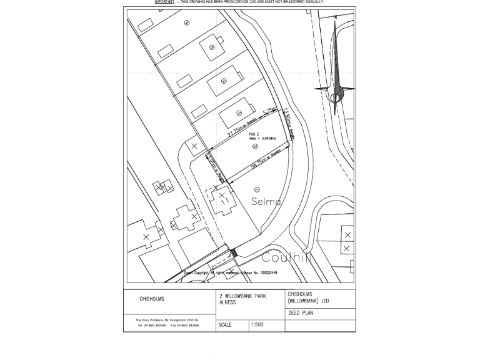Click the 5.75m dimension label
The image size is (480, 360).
coord(269,112)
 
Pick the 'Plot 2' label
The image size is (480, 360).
coord(254,134)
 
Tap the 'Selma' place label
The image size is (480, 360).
coord(266,201)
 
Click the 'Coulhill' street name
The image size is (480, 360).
coord(286,257)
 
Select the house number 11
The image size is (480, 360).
coord(224,201)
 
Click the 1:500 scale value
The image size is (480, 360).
coord(257,325)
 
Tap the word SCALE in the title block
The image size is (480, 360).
coord(225,325)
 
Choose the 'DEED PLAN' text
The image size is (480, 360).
coord(301,313)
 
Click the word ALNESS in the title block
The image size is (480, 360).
coord(227,302)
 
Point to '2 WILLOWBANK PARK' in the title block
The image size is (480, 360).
coord(242,296)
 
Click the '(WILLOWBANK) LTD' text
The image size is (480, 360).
coord(308,301)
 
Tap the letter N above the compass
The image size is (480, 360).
coord(336,17)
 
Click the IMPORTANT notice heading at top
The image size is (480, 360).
coord(164,2)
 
